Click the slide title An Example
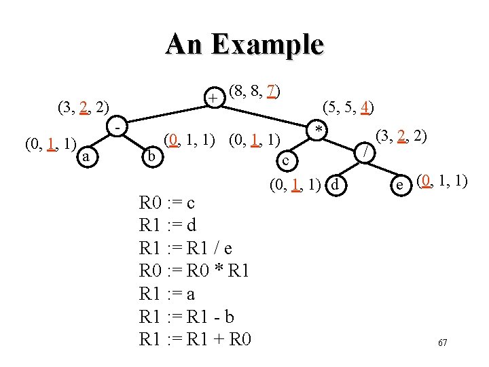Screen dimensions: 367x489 (x=244, y=45)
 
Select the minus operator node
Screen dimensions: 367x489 (x=119, y=128)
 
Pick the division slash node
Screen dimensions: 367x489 (x=366, y=153)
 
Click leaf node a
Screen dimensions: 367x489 (x=85, y=157)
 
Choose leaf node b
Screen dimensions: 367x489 (x=152, y=157)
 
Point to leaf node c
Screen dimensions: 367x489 (x=287, y=160)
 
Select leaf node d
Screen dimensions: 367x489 (x=334, y=183)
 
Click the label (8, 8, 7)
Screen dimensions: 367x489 (x=256, y=90)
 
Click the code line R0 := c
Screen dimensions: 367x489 (x=167, y=203)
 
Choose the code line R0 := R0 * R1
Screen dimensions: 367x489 (x=194, y=270)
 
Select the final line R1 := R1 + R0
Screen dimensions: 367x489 (x=195, y=338)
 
